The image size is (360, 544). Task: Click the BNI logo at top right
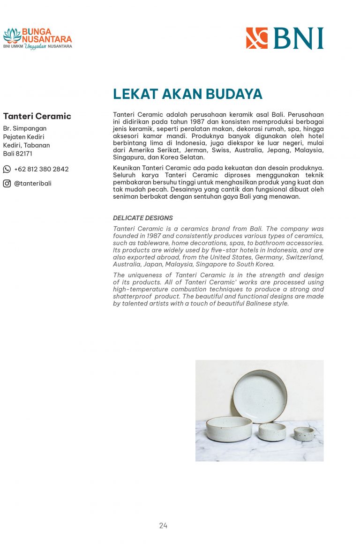[x=285, y=38]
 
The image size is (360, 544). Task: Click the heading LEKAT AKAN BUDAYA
[x=187, y=94]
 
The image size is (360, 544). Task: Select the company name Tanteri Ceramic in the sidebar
[x=37, y=116]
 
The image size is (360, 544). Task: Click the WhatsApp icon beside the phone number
[x=7, y=169]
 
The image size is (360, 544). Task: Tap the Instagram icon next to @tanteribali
[x=7, y=184]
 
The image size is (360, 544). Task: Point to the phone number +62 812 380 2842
[x=41, y=169]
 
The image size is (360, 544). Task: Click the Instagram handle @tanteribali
[x=33, y=184]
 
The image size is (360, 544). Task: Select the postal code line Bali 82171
[x=18, y=154]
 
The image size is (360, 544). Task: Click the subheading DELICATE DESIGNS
[x=143, y=218]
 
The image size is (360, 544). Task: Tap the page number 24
[x=163, y=526]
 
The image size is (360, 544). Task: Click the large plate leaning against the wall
[x=259, y=396]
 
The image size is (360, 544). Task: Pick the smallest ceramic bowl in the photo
[x=304, y=433]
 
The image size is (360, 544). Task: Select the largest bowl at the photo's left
[x=229, y=428]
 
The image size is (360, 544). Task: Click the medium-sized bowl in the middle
[x=272, y=431]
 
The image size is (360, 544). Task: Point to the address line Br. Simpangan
[x=25, y=128]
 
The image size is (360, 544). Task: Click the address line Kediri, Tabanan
[x=27, y=145]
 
